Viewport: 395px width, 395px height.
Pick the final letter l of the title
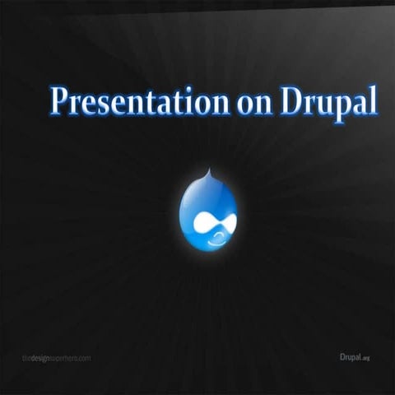click(373, 100)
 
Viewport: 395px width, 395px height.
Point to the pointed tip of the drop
click(209, 171)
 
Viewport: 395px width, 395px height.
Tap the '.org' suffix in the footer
click(366, 358)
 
